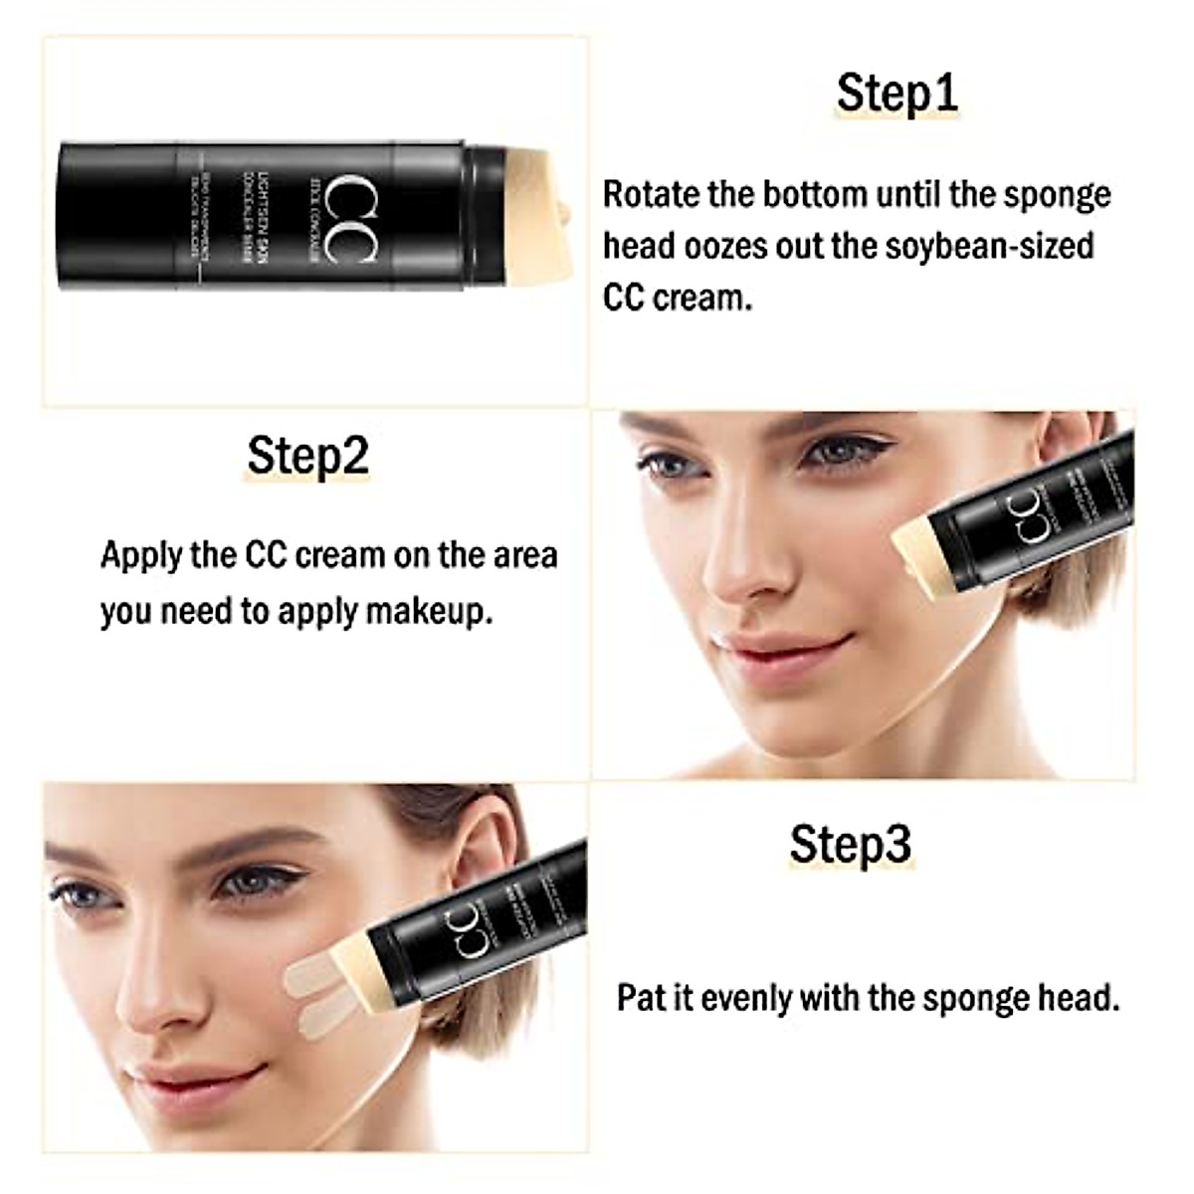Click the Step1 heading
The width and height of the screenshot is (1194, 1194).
coord(896,93)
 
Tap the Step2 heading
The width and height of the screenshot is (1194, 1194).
coord(307,456)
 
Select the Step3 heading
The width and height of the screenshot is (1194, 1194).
coord(850,844)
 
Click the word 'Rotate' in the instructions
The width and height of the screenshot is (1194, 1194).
coord(652,194)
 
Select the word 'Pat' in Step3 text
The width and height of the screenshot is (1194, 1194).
coord(641,997)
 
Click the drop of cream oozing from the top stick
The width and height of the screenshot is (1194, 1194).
coord(564,213)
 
